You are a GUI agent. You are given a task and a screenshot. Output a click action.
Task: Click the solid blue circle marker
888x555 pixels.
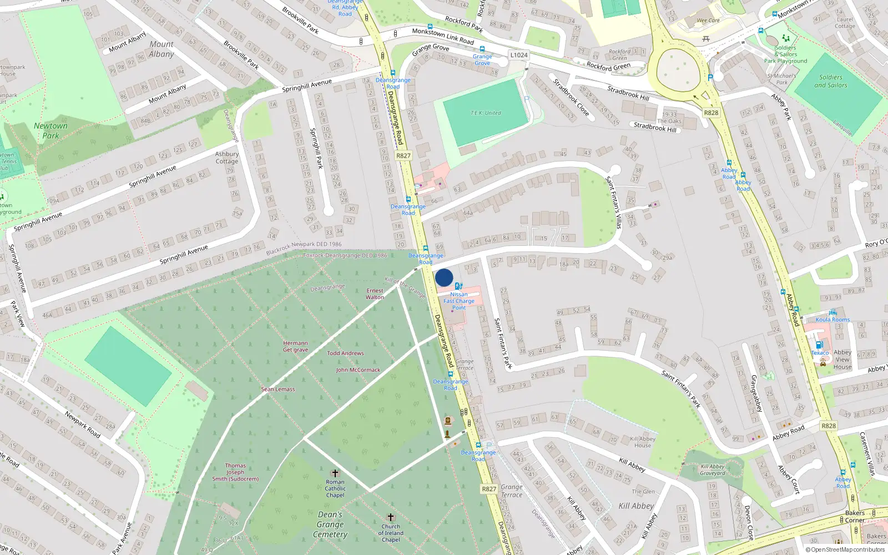tap(444, 277)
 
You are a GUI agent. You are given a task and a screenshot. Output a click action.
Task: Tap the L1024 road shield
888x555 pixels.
tap(519, 55)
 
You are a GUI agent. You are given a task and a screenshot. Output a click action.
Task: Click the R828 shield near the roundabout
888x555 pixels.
tap(711, 113)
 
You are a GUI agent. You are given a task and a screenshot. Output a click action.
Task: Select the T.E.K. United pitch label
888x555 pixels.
tap(486, 113)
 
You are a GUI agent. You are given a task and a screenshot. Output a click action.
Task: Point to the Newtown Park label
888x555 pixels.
tap(51, 130)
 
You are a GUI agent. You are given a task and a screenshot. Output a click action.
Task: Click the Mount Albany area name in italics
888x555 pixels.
tap(162, 49)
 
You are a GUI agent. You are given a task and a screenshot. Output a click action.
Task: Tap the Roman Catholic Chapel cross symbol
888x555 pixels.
tap(335, 473)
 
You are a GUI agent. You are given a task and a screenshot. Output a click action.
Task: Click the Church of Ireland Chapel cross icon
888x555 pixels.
tap(391, 517)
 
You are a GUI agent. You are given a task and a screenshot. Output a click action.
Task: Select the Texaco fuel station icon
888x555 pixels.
tap(819, 345)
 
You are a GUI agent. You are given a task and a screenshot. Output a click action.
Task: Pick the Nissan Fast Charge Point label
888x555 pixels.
tap(459, 301)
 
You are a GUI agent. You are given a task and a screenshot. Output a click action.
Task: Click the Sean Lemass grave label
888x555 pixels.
tap(278, 389)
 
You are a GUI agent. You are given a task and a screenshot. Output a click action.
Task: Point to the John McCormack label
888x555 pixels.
tap(358, 370)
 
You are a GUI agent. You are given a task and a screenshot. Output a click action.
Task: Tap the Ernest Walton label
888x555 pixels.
tap(375, 294)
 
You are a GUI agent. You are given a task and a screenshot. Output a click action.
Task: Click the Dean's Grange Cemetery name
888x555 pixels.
tap(330, 524)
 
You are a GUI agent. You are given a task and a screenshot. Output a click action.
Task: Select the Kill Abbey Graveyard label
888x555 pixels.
tap(713, 470)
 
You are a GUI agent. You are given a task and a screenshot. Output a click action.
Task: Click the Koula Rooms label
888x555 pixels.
tap(833, 320)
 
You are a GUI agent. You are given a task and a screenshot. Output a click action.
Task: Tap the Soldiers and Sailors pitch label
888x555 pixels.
tap(831, 81)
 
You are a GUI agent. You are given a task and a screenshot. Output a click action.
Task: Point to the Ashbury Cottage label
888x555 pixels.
tap(226, 158)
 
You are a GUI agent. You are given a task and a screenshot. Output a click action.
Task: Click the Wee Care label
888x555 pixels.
tap(708, 21)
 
